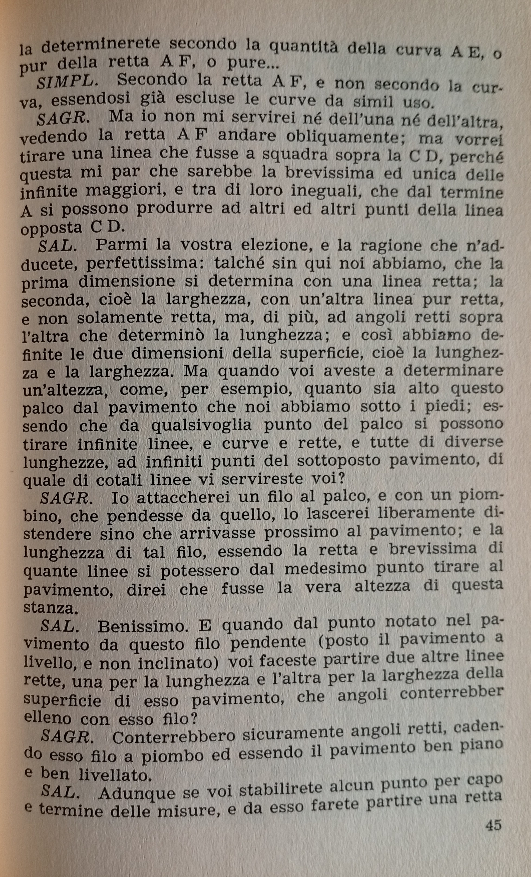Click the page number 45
493,825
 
